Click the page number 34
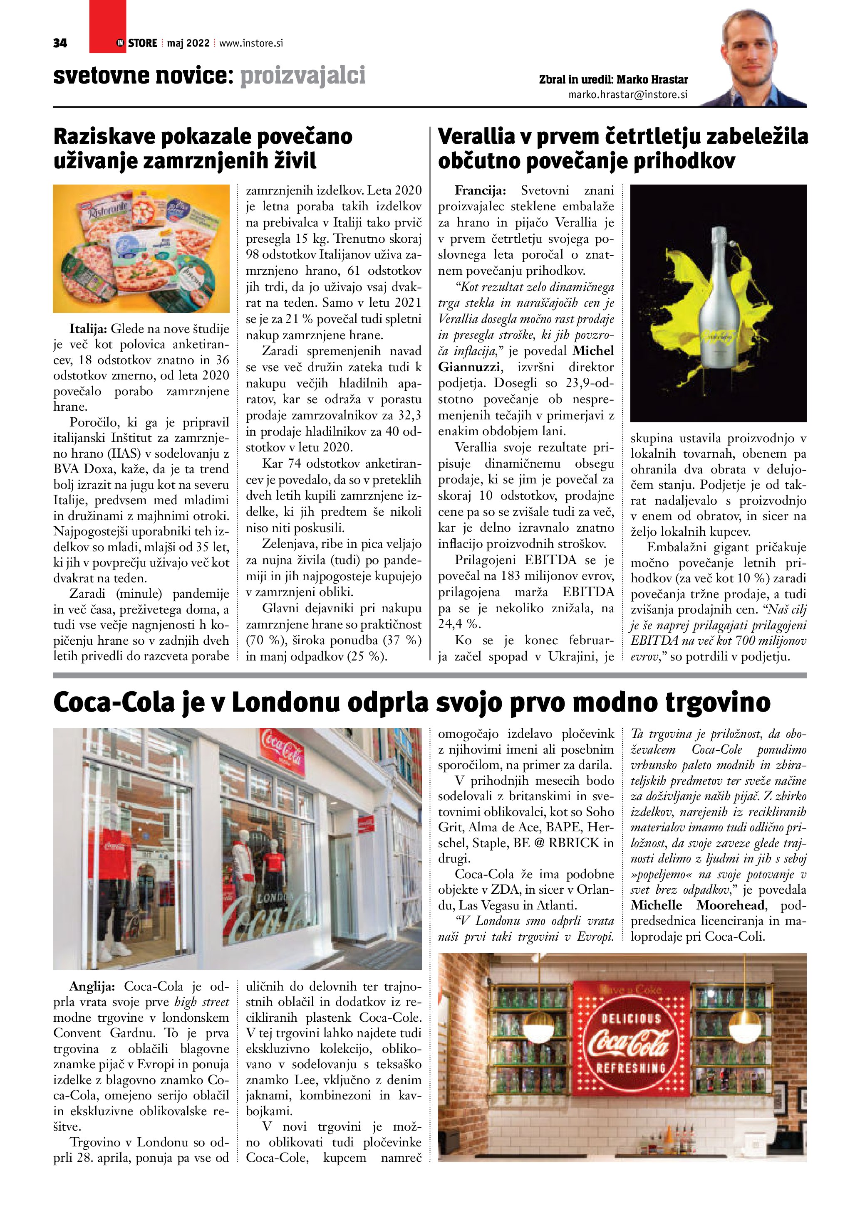click(x=60, y=43)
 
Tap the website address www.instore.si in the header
click(x=251, y=43)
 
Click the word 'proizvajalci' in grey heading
click(x=303, y=76)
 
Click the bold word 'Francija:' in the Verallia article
click(x=480, y=190)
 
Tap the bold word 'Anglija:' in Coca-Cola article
click(x=92, y=986)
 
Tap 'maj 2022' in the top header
click(x=188, y=43)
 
